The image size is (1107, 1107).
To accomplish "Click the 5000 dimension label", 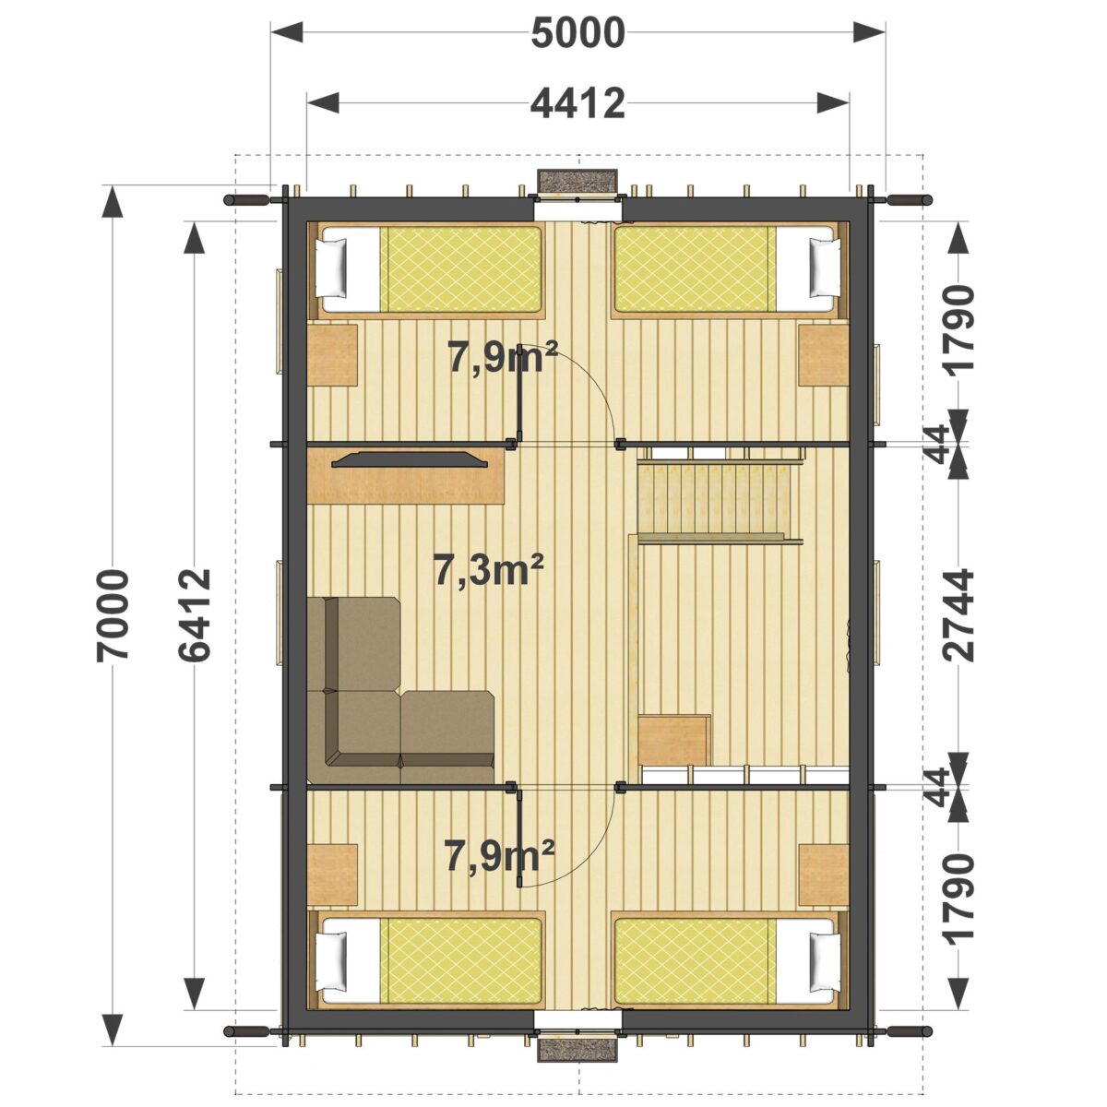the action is (577, 33).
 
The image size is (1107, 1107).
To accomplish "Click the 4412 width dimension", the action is (577, 104).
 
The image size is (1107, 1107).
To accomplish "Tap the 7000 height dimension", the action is (113, 616).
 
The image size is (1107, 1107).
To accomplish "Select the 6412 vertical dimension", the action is (194, 615).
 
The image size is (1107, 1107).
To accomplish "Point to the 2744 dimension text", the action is (960, 615).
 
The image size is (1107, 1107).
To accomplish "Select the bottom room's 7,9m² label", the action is (500, 856).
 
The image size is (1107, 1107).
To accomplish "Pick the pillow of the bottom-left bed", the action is (335, 963).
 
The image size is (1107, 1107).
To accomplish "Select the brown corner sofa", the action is (400, 690).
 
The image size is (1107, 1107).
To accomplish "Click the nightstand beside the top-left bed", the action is (332, 354).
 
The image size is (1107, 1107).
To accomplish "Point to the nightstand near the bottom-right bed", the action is (824, 875).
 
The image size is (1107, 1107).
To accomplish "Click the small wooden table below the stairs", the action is (674, 740).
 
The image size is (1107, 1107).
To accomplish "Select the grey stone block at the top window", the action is (577, 181).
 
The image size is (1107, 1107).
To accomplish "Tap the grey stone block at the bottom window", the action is (577, 1050).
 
